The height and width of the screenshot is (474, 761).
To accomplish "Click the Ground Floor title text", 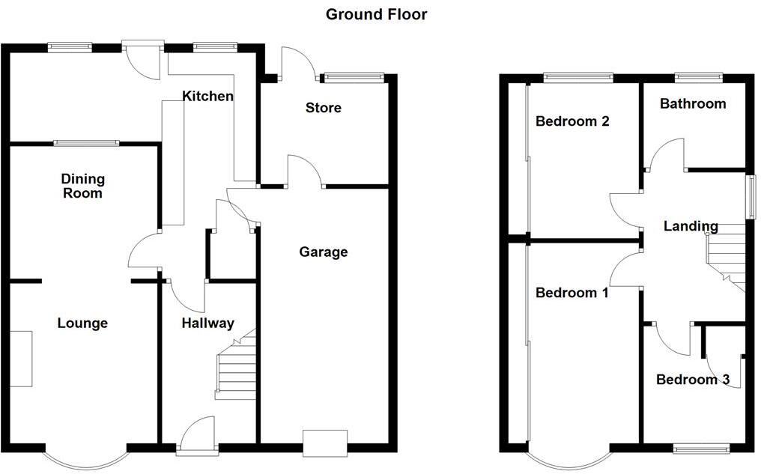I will pyautogui.click(x=376, y=14).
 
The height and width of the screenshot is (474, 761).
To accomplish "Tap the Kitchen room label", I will pyautogui.click(x=208, y=96).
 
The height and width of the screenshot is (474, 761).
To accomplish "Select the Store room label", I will pyautogui.click(x=323, y=108).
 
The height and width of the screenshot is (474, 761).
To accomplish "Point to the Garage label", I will pyautogui.click(x=323, y=252).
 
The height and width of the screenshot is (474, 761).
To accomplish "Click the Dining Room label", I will pyautogui.click(x=83, y=186).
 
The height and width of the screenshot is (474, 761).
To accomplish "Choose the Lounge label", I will pyautogui.click(x=82, y=323).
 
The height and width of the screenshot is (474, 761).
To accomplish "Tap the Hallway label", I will pyautogui.click(x=208, y=323).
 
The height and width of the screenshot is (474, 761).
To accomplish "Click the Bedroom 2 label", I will pyautogui.click(x=571, y=121).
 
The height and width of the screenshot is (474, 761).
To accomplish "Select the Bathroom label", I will pyautogui.click(x=692, y=103).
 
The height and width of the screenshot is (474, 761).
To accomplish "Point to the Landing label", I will pyautogui.click(x=691, y=226).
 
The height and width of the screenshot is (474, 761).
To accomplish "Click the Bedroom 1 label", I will pyautogui.click(x=571, y=293).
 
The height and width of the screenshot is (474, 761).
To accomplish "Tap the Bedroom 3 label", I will pyautogui.click(x=692, y=380).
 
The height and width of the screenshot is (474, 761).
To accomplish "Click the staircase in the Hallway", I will pyautogui.click(x=236, y=367).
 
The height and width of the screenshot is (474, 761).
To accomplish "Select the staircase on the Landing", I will pyautogui.click(x=727, y=258).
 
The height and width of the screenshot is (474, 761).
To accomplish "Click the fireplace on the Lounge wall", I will pyautogui.click(x=21, y=359).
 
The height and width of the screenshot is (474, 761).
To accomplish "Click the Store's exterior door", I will pyautogui.click(x=296, y=64).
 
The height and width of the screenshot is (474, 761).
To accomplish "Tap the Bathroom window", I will pyautogui.click(x=698, y=76).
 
